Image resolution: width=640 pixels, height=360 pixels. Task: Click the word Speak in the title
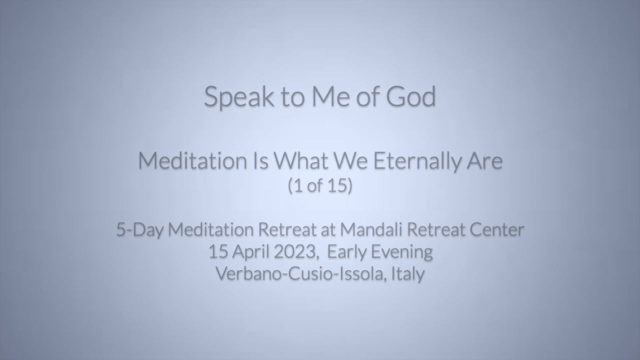pos(239,97)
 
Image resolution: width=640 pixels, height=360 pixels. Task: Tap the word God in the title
pos(411,96)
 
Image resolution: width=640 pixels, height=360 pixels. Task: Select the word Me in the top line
pos(330,96)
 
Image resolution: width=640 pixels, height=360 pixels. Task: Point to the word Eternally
pos(417,161)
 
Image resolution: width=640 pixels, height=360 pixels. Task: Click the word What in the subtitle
pos(301,161)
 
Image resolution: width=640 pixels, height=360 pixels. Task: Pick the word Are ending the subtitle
pos(484,161)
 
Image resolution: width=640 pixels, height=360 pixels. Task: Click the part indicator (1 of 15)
pos(320,185)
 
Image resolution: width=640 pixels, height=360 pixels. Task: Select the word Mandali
pos(371,229)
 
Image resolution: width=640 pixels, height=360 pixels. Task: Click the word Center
pos(497,229)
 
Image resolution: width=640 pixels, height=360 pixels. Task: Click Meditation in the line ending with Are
pos(192,161)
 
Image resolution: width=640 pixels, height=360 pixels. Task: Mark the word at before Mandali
pos(328,229)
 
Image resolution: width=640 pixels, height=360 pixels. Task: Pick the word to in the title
pos(293,97)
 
